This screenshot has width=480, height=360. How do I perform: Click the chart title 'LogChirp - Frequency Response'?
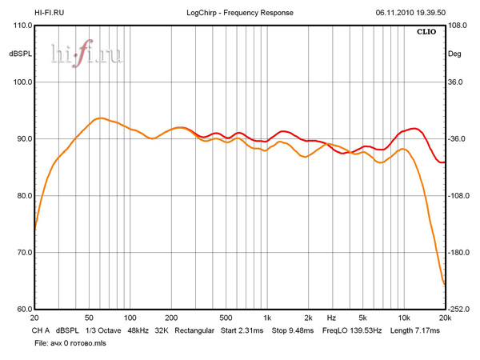click(240, 13)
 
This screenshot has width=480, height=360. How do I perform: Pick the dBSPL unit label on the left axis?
click(20, 54)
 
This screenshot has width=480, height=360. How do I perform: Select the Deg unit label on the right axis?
click(454, 54)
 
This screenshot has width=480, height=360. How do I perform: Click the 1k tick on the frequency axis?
click(267, 318)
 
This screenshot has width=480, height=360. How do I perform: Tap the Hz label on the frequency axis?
click(330, 318)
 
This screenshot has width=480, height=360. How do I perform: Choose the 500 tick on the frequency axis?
click(226, 318)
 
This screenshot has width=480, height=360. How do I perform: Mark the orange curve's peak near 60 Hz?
click(98, 118)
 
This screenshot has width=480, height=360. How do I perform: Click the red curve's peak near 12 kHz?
click(413, 128)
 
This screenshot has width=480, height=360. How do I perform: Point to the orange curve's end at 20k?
click(444, 284)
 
